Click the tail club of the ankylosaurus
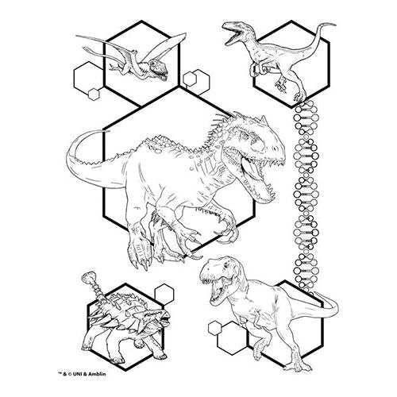[88, 277]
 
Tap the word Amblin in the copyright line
[97, 374]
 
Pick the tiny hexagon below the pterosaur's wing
[94, 94]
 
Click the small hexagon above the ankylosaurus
[164, 294]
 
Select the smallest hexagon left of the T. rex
[214, 328]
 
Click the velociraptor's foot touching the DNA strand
[299, 97]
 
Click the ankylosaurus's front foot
[117, 360]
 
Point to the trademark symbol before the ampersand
[60, 373]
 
